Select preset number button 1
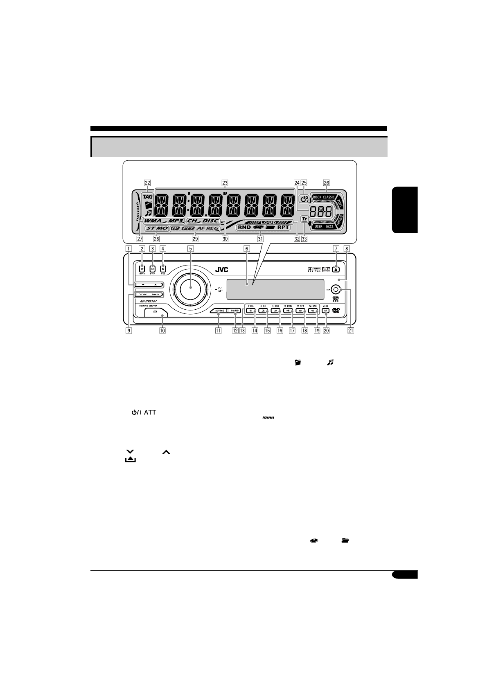click(250, 311)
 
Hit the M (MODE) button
click(325, 311)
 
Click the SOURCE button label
click(220, 311)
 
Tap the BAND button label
click(234, 311)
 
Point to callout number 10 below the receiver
click(162, 331)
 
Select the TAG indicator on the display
click(147, 196)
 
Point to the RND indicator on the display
click(244, 227)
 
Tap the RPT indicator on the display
click(283, 227)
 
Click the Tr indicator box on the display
click(304, 219)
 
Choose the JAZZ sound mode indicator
click(330, 226)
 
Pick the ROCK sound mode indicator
click(317, 197)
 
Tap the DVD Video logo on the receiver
click(336, 311)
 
